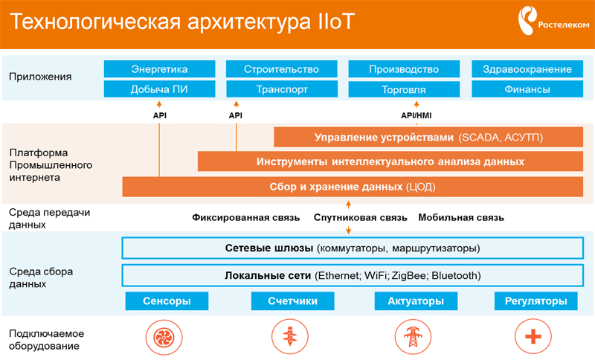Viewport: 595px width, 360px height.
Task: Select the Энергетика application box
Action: pyautogui.click(x=159, y=69)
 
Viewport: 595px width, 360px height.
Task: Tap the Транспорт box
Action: pyautogui.click(x=282, y=89)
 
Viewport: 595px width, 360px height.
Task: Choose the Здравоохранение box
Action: pyautogui.click(x=527, y=69)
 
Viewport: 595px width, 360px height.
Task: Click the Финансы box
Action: pyautogui.click(x=527, y=89)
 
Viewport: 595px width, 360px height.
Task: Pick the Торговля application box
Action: pyautogui.click(x=404, y=89)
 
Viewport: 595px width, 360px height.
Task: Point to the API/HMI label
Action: pyautogui.click(x=416, y=115)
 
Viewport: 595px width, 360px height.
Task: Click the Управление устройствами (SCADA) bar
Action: pyautogui.click(x=428, y=137)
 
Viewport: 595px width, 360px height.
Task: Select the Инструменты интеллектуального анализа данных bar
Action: pyautogui.click(x=390, y=161)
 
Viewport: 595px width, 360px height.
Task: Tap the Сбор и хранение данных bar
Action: pyautogui.click(x=353, y=187)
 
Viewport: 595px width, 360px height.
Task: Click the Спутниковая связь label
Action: pyautogui.click(x=361, y=218)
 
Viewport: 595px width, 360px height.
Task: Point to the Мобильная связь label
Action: pyautogui.click(x=461, y=218)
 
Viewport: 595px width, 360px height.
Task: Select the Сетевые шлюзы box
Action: pyautogui.click(x=353, y=248)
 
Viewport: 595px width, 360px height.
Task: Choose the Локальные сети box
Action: pyautogui.click(x=353, y=275)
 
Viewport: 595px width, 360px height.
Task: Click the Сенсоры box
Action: pyautogui.click(x=167, y=300)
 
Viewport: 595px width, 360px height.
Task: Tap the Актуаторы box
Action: pyautogui.click(x=416, y=300)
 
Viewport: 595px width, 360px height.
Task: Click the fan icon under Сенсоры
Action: pyautogui.click(x=164, y=337)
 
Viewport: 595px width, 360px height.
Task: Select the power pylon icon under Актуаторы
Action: pyautogui.click(x=413, y=336)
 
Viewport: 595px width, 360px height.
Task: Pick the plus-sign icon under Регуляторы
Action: pyautogui.click(x=533, y=336)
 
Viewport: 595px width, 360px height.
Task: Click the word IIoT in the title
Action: pyautogui.click(x=334, y=22)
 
